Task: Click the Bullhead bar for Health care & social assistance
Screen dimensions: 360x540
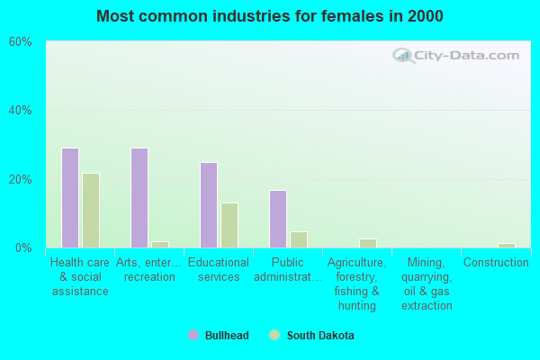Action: click(x=70, y=198)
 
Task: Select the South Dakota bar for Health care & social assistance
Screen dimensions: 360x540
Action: click(x=91, y=211)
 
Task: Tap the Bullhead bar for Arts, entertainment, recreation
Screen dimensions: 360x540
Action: click(x=139, y=198)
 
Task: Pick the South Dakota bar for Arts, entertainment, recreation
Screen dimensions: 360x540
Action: click(x=160, y=244)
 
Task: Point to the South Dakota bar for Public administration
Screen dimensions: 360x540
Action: click(x=299, y=239)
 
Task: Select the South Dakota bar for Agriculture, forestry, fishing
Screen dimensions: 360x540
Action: click(x=368, y=243)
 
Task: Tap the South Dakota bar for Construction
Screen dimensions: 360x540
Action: click(x=507, y=245)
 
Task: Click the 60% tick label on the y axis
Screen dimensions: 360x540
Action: click(x=20, y=42)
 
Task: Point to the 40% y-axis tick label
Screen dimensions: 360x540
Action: click(x=20, y=111)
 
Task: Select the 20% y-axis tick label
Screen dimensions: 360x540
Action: click(x=20, y=179)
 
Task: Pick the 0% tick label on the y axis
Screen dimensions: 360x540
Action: click(x=23, y=247)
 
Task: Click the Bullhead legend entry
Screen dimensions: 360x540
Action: click(x=219, y=336)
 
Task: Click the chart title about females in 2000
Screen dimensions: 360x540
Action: click(x=270, y=16)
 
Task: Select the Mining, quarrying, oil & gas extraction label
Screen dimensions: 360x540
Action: click(x=427, y=284)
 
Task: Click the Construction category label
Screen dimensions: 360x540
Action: click(x=496, y=263)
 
